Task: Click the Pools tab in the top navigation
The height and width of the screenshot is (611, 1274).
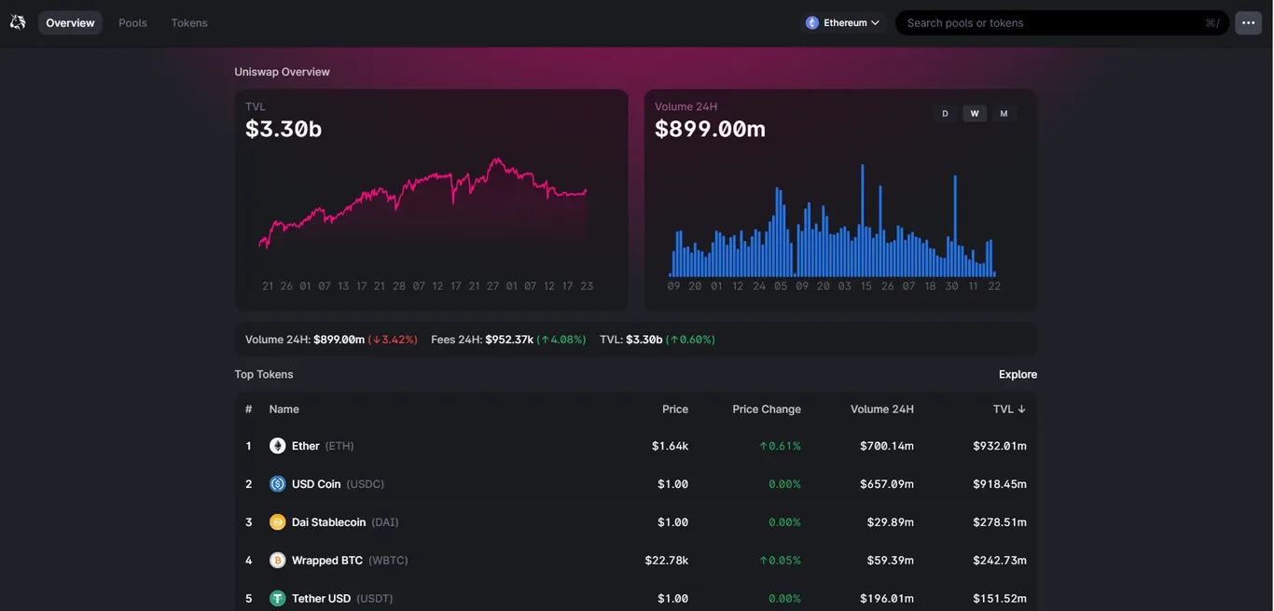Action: coord(132,22)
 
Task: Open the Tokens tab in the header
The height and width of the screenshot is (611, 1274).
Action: coord(189,22)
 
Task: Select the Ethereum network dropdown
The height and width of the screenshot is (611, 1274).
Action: coord(843,22)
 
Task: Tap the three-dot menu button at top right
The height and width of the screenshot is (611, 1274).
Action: coord(1249,22)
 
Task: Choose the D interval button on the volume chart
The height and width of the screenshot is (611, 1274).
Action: coord(945,114)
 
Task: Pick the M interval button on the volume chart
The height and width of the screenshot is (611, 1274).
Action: coord(1004,114)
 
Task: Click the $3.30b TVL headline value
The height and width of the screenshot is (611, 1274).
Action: coord(284,129)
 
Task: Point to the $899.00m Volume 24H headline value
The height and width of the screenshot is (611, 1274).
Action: coord(710,129)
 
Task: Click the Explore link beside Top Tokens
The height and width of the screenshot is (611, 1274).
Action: coord(1018,374)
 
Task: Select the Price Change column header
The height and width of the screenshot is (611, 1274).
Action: coord(766,409)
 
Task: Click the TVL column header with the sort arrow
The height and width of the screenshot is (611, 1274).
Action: coord(1009,409)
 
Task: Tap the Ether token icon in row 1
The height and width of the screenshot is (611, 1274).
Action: coord(278,446)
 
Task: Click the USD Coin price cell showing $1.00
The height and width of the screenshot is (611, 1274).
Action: coord(672,484)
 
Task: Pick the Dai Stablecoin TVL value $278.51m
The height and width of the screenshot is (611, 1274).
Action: coord(999,522)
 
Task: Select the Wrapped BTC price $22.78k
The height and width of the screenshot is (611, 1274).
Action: coord(666,561)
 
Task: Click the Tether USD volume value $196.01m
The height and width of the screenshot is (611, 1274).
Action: coord(887,599)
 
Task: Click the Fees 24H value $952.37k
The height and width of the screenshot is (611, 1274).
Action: coord(509,340)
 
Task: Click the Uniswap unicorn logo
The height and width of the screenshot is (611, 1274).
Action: coord(18,22)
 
